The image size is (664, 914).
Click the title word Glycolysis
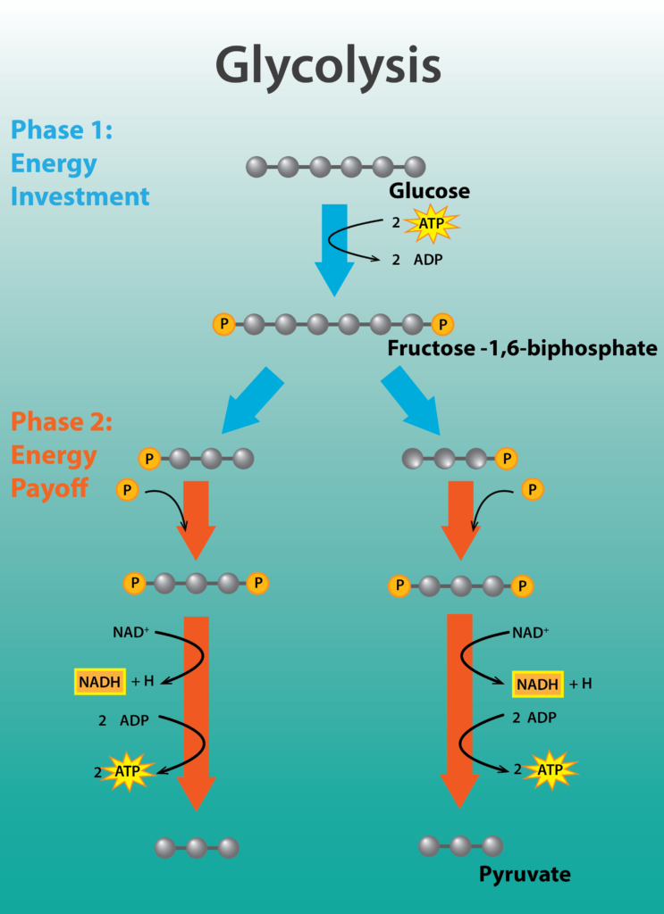[328, 65]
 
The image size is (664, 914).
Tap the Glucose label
[429, 191]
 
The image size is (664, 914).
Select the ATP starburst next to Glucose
[432, 223]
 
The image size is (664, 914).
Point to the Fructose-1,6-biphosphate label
[522, 348]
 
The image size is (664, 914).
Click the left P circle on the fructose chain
[223, 324]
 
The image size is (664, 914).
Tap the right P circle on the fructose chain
[442, 324]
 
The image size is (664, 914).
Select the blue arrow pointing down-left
[251, 399]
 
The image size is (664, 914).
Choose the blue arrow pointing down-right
[411, 399]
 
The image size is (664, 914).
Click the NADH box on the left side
[98, 682]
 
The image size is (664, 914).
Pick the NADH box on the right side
[537, 684]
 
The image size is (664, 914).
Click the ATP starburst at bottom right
[550, 769]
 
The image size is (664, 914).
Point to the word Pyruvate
[525, 874]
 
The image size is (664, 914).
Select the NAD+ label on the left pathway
[132, 633]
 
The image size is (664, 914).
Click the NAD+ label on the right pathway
[531, 633]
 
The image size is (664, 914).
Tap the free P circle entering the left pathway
[128, 489]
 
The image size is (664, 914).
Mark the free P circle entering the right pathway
[533, 489]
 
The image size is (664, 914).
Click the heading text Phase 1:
[62, 129]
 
